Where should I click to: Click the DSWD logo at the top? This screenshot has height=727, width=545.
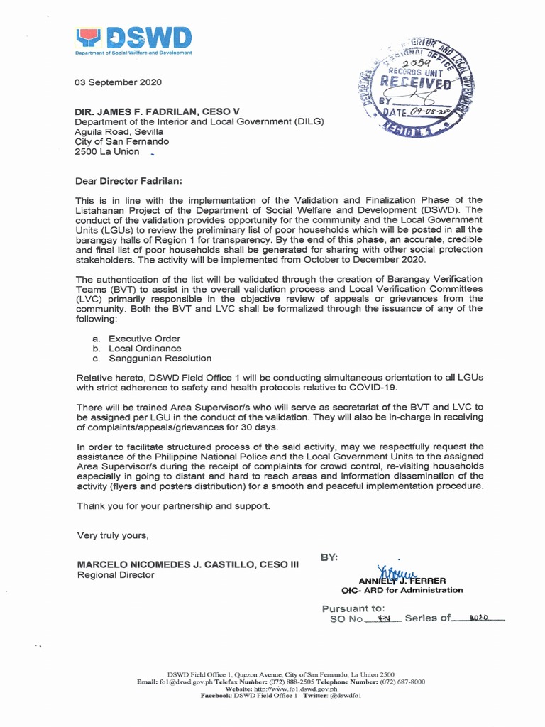pos(133,40)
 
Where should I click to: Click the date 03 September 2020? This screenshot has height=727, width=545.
pos(119,82)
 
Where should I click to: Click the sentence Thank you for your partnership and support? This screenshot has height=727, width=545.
pos(173,505)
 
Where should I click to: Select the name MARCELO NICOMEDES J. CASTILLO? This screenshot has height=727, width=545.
pos(187,564)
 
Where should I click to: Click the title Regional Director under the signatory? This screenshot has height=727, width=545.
pos(115,575)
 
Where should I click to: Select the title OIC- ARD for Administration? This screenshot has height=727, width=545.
pos(402,590)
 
